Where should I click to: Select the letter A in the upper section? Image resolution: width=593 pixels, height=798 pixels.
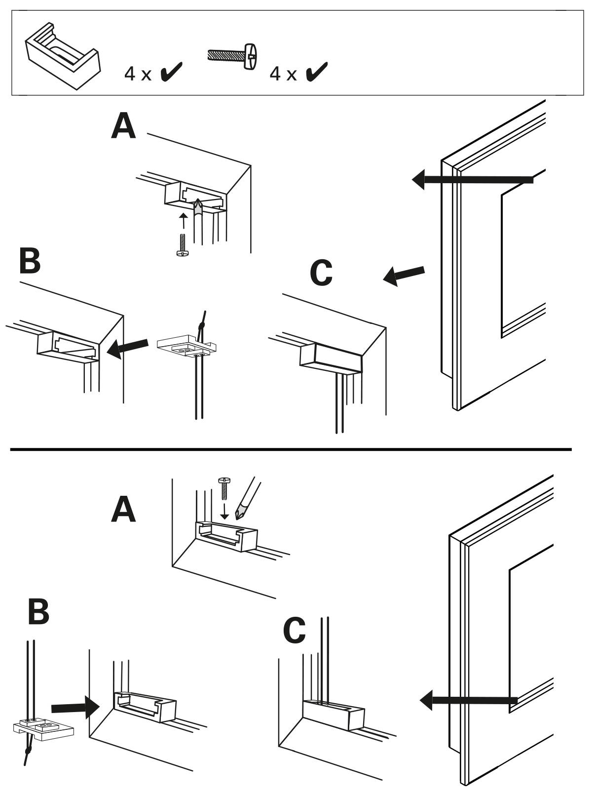pyautogui.click(x=123, y=126)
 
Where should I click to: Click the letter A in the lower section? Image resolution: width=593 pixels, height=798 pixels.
pyautogui.click(x=123, y=510)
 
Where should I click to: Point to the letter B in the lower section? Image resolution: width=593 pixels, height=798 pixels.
pyautogui.click(x=38, y=612)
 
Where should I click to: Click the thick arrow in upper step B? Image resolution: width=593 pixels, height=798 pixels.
pyautogui.click(x=128, y=348)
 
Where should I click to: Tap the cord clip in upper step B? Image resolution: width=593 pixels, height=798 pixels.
pyautogui.click(x=186, y=346)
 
